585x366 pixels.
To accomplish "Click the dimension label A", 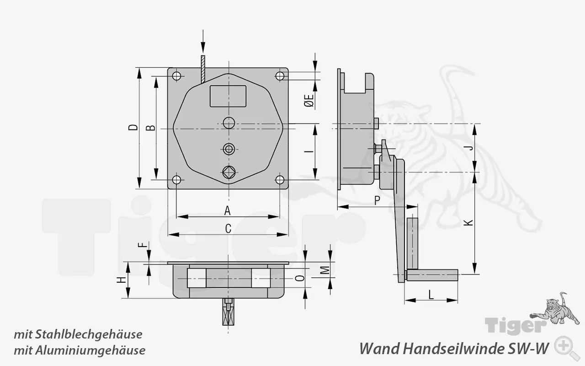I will pyautogui.click(x=227, y=210).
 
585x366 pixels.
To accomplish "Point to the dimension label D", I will pyautogui.click(x=133, y=128).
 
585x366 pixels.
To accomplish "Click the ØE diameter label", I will pyautogui.click(x=309, y=101).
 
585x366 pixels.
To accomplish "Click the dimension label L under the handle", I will pyautogui.click(x=431, y=295).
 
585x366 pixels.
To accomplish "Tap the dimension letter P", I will pyautogui.click(x=377, y=200).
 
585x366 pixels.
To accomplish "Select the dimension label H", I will pyautogui.click(x=121, y=280).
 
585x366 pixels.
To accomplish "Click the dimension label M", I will pyautogui.click(x=324, y=270).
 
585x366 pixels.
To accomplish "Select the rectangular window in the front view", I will pyautogui.click(x=228, y=96).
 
